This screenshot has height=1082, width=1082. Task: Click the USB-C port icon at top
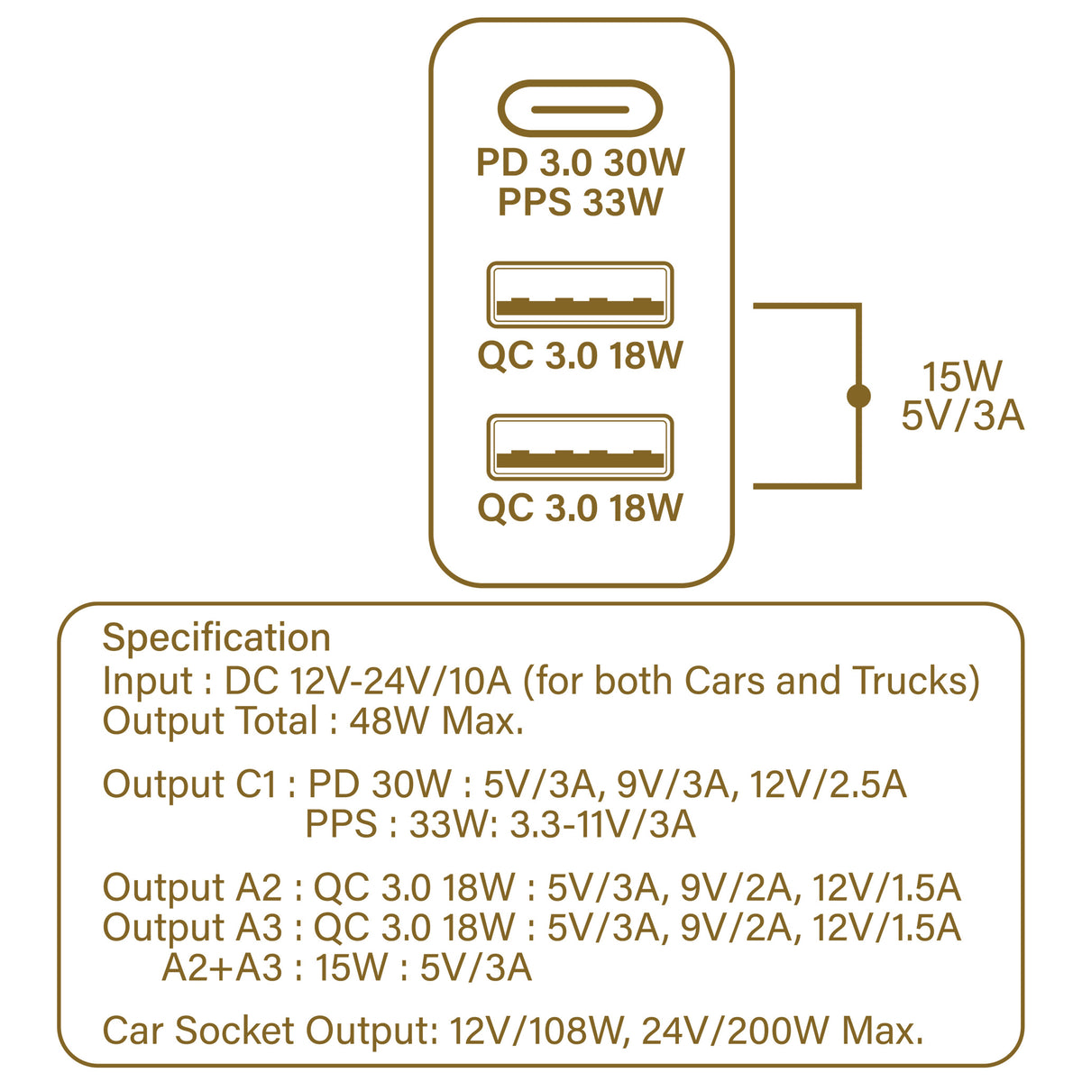point(580,109)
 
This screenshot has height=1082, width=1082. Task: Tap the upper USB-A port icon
point(580,295)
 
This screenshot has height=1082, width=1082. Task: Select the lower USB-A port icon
point(580,447)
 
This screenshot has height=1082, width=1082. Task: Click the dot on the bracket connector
point(859,395)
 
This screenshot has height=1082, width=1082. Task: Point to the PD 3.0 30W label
point(581,163)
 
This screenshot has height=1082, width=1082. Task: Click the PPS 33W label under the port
point(581,202)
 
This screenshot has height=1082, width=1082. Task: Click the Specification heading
point(216,637)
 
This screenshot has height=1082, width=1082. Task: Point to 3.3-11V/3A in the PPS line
point(602,824)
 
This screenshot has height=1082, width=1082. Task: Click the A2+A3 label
point(222,967)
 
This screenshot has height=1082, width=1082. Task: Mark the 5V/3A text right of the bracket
point(962,417)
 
